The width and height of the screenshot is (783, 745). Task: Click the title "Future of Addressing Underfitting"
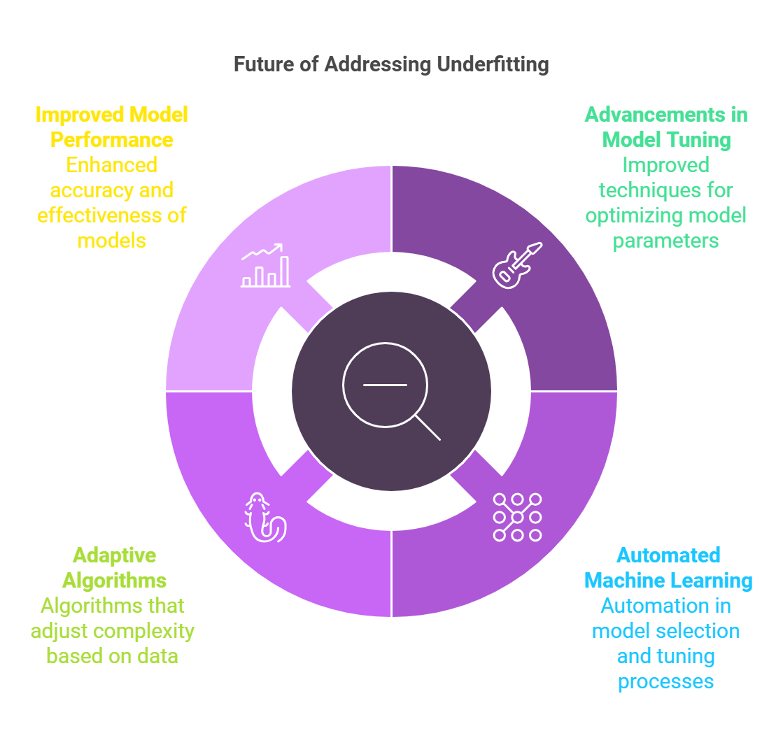click(x=391, y=65)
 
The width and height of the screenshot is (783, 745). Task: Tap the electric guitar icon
click(x=517, y=265)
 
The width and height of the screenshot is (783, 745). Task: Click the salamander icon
click(x=264, y=518)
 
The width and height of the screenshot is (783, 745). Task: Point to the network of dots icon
click(x=517, y=518)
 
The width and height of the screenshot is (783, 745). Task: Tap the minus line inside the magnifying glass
click(x=385, y=385)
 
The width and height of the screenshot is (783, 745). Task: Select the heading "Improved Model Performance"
click(x=112, y=127)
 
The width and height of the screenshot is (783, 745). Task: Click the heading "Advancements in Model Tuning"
click(x=666, y=127)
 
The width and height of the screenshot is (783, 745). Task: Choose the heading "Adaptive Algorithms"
click(x=114, y=567)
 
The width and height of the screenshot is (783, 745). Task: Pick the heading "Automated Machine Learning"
click(x=668, y=567)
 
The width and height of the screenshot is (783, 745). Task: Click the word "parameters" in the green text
click(x=666, y=241)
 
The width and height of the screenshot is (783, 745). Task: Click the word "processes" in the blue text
click(x=666, y=681)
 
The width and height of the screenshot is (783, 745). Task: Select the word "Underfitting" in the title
click(x=493, y=65)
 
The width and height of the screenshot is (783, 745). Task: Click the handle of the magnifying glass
click(x=428, y=428)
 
